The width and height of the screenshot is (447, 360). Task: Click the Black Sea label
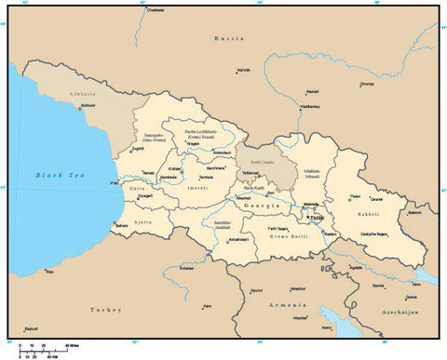(54, 175)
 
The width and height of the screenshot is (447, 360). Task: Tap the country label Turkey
(99, 309)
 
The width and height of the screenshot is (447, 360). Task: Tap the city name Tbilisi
(317, 220)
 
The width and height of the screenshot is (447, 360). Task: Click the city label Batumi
(121, 226)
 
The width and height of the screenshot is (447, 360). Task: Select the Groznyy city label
(367, 83)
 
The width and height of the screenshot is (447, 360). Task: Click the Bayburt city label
(31, 329)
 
